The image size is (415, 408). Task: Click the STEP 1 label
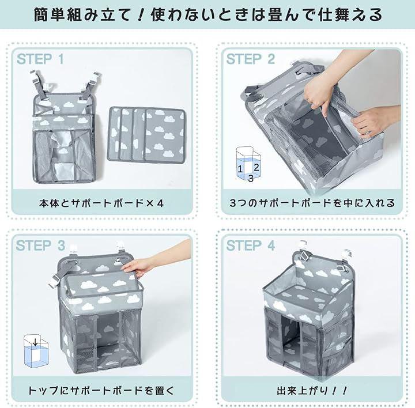coord(40,59)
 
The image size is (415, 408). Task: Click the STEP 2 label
coord(250,59)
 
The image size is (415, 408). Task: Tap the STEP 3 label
coord(40,245)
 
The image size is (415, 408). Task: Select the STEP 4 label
coord(250,245)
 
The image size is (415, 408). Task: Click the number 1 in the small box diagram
coord(240,168)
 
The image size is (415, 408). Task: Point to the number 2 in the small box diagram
coord(256,167)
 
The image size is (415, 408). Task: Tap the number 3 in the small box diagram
coord(251,178)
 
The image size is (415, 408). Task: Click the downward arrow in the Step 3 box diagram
coord(35,342)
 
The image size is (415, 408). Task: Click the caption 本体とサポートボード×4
coord(101,203)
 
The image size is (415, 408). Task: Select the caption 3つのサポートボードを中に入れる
coord(312,203)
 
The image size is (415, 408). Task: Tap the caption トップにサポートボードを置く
coord(101,390)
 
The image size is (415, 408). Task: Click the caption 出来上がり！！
coord(312,390)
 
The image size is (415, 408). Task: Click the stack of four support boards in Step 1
coord(146,134)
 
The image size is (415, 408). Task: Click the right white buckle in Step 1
coord(94,80)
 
